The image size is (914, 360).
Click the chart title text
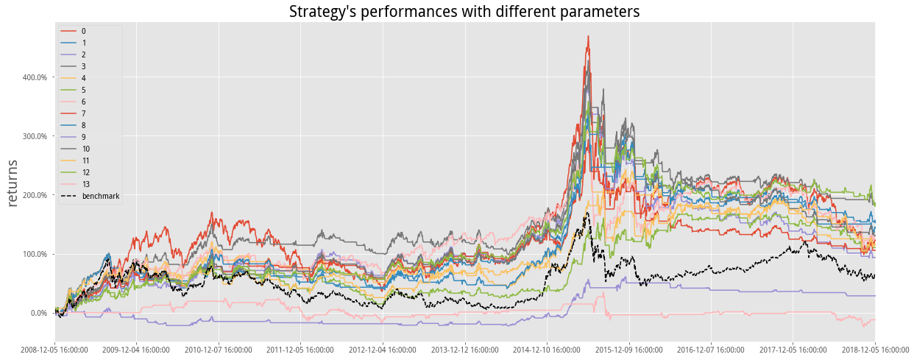[x=464, y=12]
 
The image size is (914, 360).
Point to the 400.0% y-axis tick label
[x=35, y=77]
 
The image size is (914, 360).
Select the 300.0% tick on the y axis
[x=35, y=136]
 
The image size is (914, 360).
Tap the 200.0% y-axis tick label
[x=35, y=195]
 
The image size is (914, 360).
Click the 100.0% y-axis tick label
[x=35, y=254]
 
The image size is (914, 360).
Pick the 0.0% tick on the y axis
[x=38, y=313]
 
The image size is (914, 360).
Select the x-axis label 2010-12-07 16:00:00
[x=219, y=350]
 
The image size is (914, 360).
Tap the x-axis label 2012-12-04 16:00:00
[x=383, y=350]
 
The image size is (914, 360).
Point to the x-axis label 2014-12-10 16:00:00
[x=547, y=350]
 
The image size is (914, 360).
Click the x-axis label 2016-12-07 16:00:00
[x=711, y=350]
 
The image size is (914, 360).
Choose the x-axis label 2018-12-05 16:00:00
[x=875, y=350]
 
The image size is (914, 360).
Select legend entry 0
[x=83, y=31]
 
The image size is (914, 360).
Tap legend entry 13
[x=85, y=184]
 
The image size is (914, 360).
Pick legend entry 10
[x=85, y=149]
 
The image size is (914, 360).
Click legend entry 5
[x=83, y=90]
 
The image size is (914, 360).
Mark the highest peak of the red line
[x=588, y=36]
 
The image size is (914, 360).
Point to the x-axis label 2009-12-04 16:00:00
[x=137, y=350]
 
